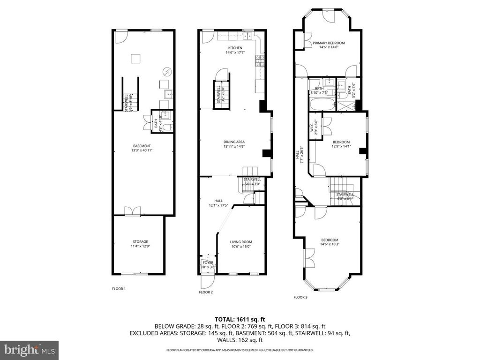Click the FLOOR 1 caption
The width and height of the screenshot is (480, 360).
tap(119, 289)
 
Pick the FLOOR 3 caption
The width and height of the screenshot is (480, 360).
tap(300, 297)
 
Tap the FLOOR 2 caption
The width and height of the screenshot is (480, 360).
tap(206, 292)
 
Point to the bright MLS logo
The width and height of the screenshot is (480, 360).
tap(29, 349)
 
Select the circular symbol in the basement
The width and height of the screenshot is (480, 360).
tap(167, 72)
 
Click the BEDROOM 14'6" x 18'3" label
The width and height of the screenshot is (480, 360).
tap(329, 241)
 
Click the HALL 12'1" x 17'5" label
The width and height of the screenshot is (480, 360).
tap(218, 202)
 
